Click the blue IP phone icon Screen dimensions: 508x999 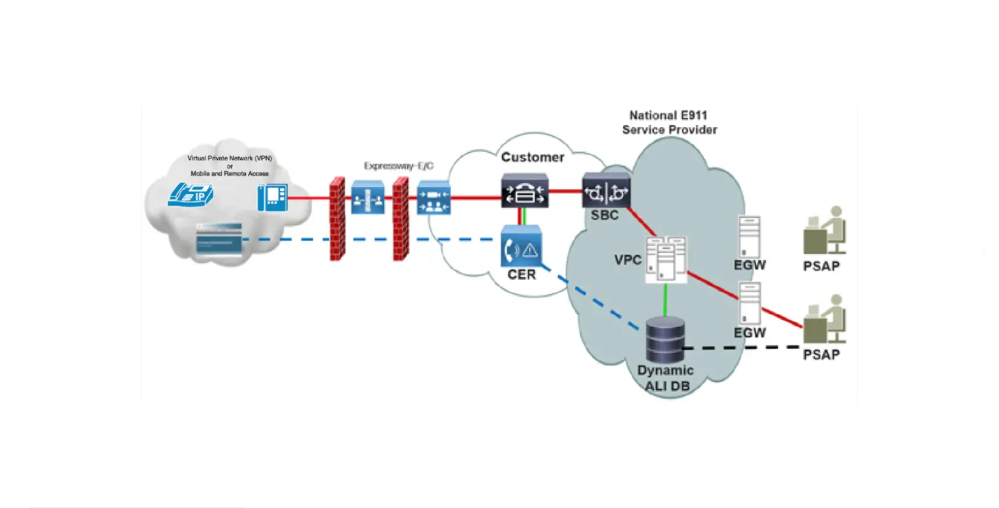(x=190, y=195)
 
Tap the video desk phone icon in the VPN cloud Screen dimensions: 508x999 (x=272, y=197)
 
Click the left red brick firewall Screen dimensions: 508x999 (x=337, y=219)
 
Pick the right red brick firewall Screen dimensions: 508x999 (x=400, y=219)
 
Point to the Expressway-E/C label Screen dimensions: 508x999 (x=399, y=166)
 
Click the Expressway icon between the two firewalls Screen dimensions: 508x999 (x=368, y=197)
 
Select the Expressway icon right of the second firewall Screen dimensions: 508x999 (x=434, y=198)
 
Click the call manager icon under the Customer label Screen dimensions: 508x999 (x=524, y=190)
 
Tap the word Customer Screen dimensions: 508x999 (x=533, y=157)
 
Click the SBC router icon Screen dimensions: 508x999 (x=606, y=190)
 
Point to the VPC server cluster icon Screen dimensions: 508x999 (x=666, y=259)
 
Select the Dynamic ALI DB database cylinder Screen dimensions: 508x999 (x=665, y=339)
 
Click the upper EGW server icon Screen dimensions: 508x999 (x=749, y=237)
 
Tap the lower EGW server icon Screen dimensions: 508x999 (x=749, y=304)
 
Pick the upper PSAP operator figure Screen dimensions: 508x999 (x=824, y=231)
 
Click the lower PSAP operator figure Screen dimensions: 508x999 (x=824, y=320)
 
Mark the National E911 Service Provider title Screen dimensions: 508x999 (x=669, y=122)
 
